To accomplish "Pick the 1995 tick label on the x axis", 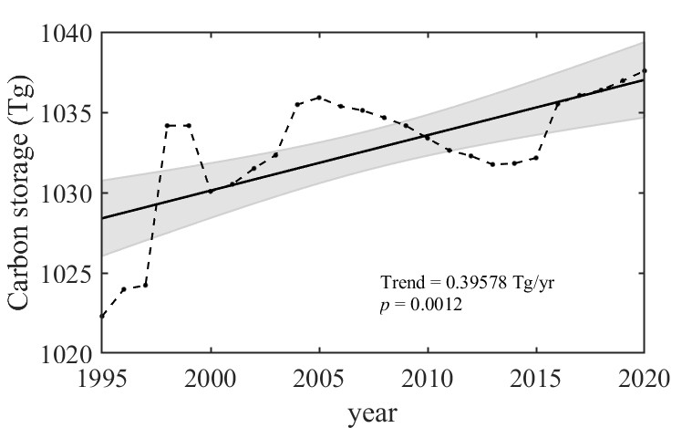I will [102, 377].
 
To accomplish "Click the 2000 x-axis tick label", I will [211, 377].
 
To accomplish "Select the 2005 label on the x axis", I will [319, 377].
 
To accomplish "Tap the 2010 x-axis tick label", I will [428, 377].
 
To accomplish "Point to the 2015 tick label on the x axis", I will [536, 377].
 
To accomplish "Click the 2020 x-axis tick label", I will [644, 377].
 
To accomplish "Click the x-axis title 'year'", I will [373, 412].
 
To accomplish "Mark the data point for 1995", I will [102, 316].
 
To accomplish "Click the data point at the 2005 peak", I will [319, 97].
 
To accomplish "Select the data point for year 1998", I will [167, 125].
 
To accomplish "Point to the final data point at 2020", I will [645, 70].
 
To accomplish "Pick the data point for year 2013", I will [492, 164].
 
